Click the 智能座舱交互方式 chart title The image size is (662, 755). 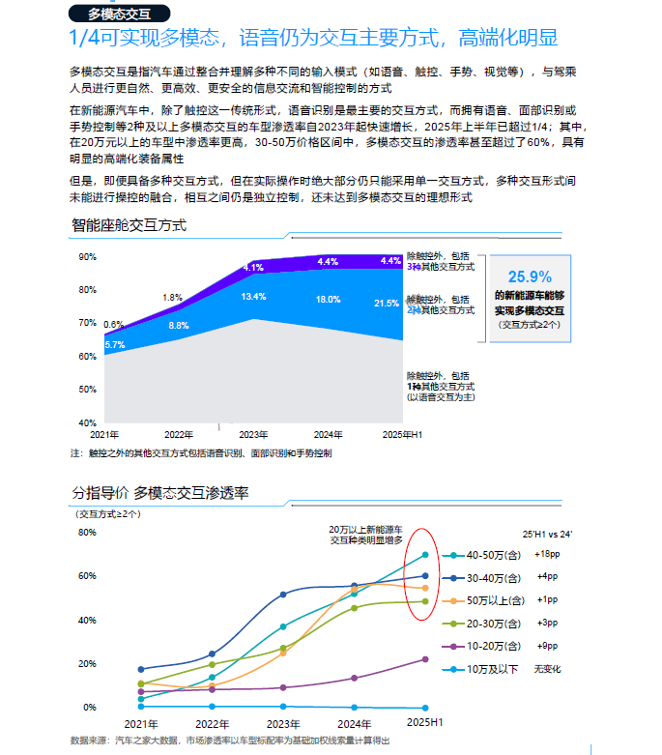point(129,225)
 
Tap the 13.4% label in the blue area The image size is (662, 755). point(253,297)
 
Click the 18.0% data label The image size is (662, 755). point(328,300)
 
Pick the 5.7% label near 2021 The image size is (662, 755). point(114,345)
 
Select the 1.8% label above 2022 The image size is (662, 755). point(173,298)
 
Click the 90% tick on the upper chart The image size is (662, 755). point(87,257)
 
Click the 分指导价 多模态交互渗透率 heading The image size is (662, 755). point(160,493)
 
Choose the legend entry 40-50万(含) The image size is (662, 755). point(493,555)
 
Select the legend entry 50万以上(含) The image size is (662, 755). point(494,599)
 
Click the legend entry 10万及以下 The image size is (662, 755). point(494,669)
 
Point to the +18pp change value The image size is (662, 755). point(547,554)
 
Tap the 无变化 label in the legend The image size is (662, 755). point(547,669)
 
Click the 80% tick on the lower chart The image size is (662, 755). point(87,533)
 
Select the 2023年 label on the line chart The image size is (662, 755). point(282,722)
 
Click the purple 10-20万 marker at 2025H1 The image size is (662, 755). point(425,659)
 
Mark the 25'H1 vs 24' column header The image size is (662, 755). point(548,533)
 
